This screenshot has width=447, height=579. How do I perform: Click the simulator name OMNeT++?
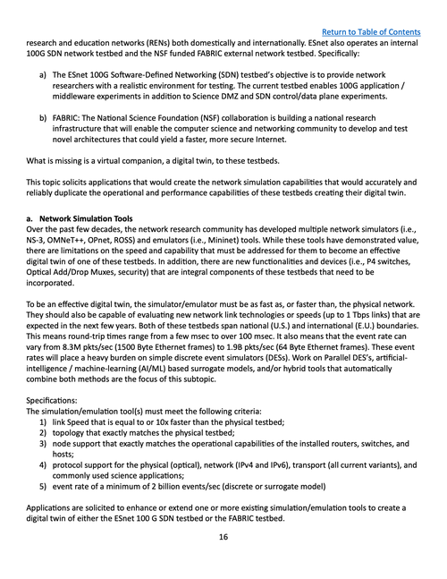pyautogui.click(x=72, y=243)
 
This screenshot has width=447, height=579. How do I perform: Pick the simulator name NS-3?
pyautogui.click(x=38, y=243)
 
